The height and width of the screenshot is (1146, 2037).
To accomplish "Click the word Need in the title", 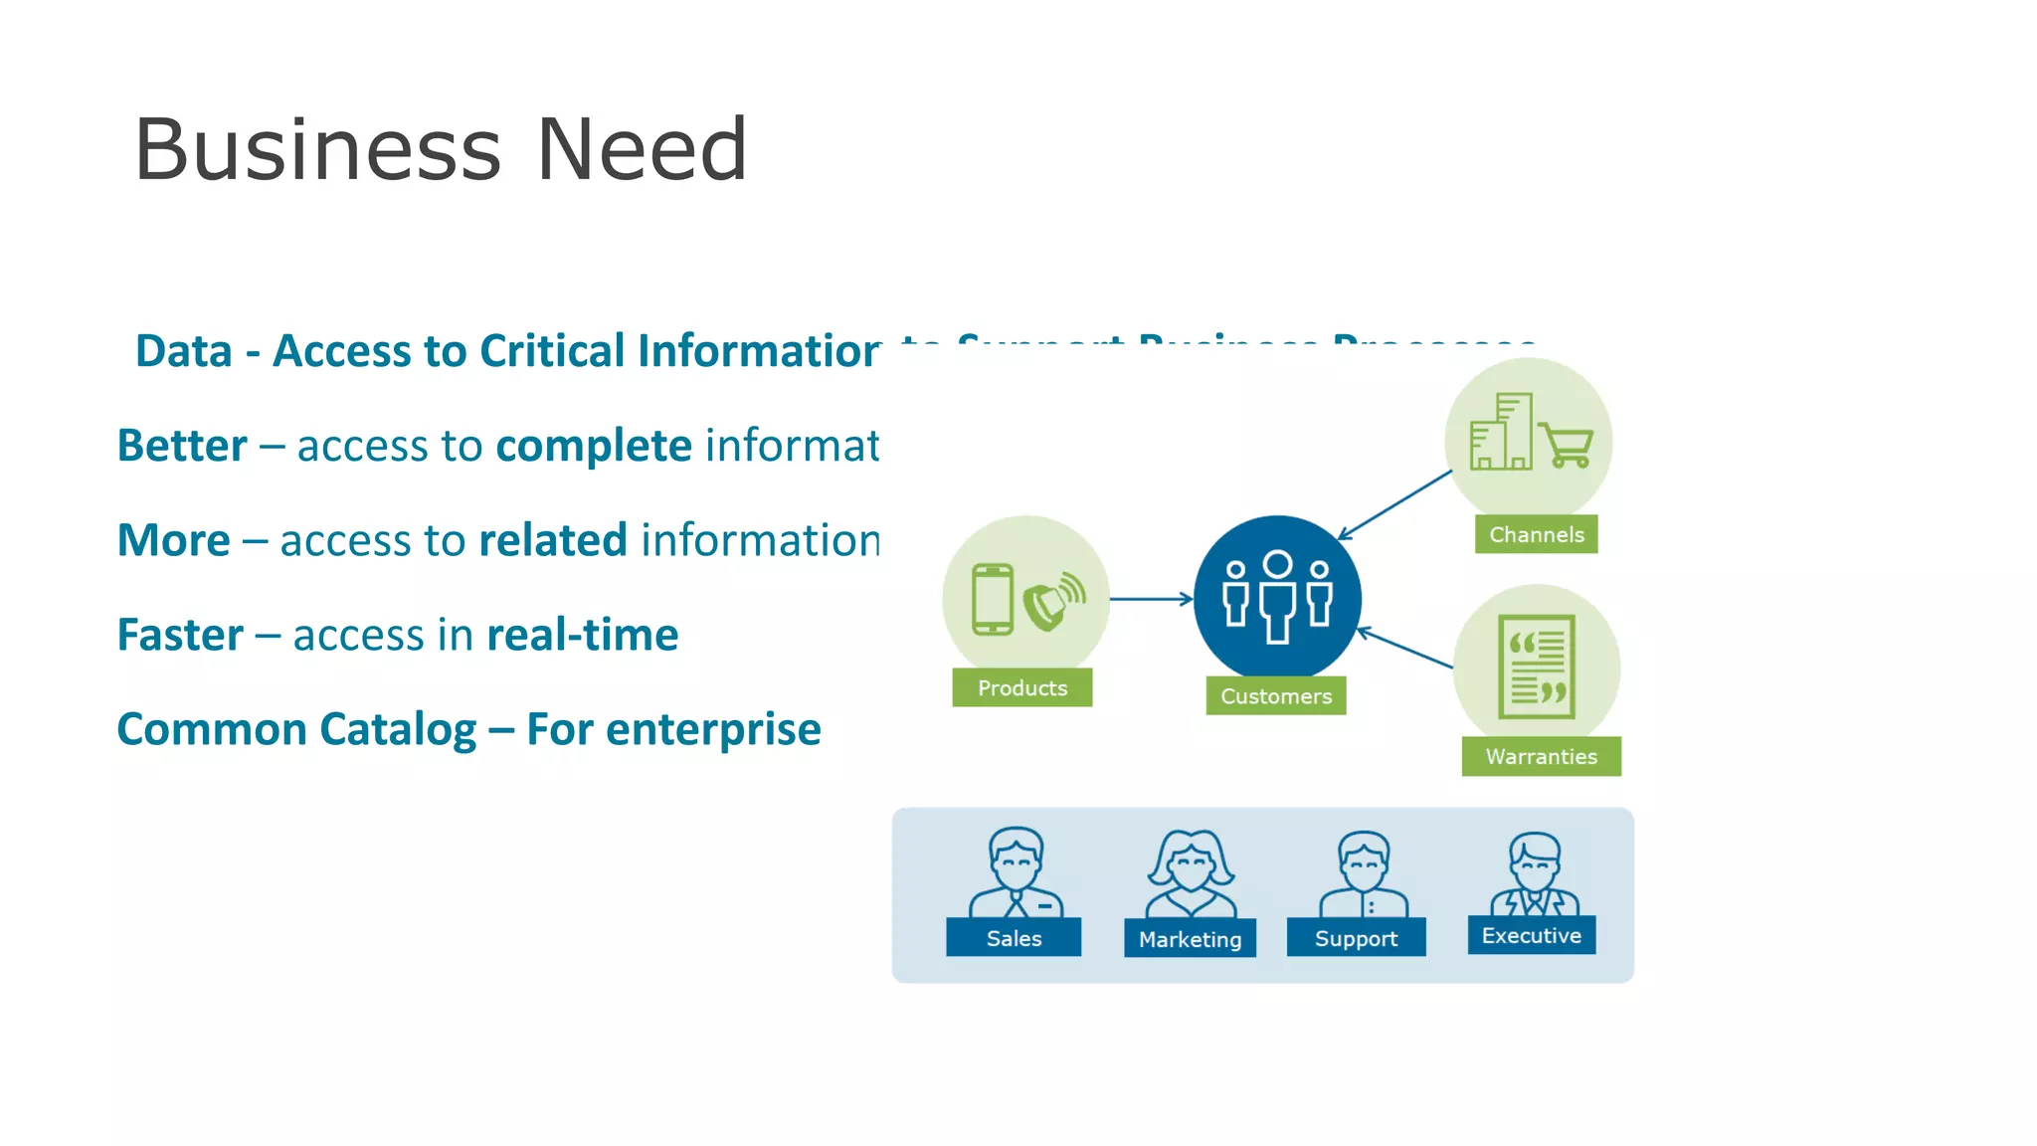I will click(642, 149).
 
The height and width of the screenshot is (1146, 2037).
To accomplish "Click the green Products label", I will click(1021, 687).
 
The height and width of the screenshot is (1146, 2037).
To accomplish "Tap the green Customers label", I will click(1275, 696).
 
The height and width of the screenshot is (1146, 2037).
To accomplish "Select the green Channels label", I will click(1536, 534).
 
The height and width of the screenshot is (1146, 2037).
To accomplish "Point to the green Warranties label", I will click(1541, 756).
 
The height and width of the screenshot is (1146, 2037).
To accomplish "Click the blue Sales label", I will click(1014, 938).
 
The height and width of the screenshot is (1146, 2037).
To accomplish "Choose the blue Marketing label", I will click(1190, 939).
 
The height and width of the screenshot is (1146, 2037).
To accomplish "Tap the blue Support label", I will click(1356, 938).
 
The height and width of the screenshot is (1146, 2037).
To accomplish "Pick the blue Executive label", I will click(1531, 935).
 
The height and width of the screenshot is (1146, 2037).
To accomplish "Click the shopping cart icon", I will click(1568, 444).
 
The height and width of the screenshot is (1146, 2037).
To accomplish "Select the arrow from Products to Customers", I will click(1151, 599).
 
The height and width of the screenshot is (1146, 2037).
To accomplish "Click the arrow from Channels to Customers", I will click(1394, 505).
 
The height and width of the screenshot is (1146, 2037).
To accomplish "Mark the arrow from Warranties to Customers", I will click(1404, 648).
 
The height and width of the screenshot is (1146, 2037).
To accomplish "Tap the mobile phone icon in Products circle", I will click(993, 599).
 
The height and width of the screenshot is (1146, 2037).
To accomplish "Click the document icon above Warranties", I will click(1537, 666).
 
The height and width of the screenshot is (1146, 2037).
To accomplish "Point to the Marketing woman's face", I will click(1191, 867).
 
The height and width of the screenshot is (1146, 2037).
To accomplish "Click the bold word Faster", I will click(180, 635).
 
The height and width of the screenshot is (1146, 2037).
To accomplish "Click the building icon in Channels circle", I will click(1502, 432).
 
